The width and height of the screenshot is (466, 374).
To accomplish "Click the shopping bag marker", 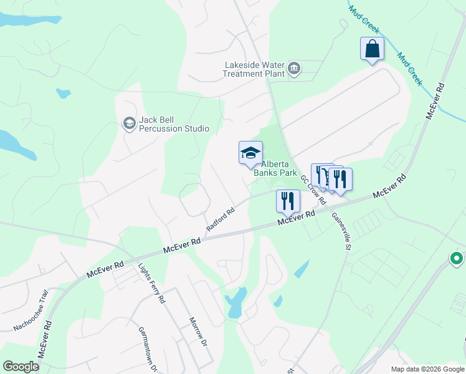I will pyautogui.click(x=372, y=49).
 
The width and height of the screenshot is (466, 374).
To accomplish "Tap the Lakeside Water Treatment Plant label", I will pyautogui.click(x=254, y=69).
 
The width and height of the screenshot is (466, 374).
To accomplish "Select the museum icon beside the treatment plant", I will pyautogui.click(x=295, y=68).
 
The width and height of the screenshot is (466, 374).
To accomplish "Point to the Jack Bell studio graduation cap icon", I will pyautogui.click(x=130, y=123).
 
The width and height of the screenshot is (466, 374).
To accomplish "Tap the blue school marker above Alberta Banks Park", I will pyautogui.click(x=250, y=153).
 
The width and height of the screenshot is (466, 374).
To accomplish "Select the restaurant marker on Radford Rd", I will pyautogui.click(x=288, y=200).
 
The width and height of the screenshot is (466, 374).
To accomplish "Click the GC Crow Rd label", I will pyautogui.click(x=313, y=189).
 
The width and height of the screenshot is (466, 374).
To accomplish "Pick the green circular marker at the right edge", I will pyautogui.click(x=457, y=258).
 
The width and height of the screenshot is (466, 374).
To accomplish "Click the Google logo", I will pyautogui.click(x=21, y=367).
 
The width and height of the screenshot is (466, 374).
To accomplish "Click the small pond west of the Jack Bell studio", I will pyautogui.click(x=62, y=93).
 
